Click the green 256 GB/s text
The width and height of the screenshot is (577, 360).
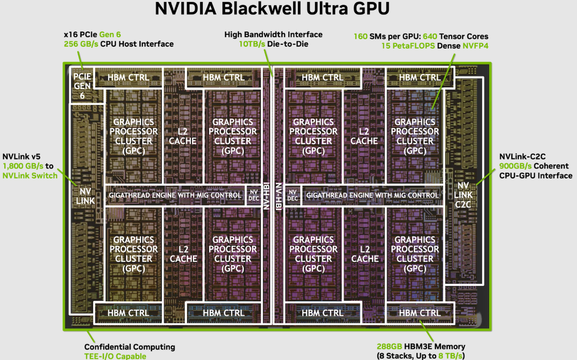click(80, 44)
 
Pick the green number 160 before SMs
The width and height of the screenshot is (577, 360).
click(361, 36)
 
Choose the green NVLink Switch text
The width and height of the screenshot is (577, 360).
click(30, 175)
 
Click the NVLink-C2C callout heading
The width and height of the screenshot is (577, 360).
click(521, 157)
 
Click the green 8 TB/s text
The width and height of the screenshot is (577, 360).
click(450, 356)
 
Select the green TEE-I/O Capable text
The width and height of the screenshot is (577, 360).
click(115, 356)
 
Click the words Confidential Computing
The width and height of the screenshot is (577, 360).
click(129, 347)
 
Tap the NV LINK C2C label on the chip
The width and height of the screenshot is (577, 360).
click(464, 195)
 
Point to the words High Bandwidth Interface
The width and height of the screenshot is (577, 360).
click(273, 35)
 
